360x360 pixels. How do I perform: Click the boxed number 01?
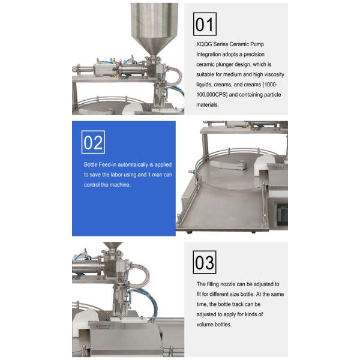click(205, 24)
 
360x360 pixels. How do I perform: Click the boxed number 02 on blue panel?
click(93, 142)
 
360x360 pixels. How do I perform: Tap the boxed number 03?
click(205, 262)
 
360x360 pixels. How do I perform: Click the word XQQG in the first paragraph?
click(204, 44)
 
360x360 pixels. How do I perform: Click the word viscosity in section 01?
click(274, 74)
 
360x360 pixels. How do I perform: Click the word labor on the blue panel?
click(116, 175)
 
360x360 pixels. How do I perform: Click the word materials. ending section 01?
click(208, 104)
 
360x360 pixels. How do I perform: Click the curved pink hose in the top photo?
click(176, 75)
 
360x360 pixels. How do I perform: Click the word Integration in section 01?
click(208, 55)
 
